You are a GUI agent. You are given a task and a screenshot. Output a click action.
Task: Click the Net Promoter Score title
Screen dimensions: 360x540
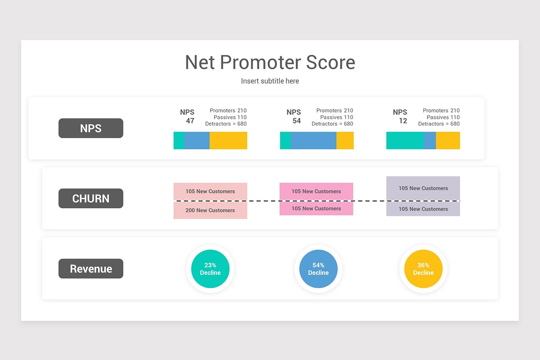[270, 63]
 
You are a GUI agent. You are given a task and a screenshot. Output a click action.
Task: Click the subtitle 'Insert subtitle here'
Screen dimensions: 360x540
[270, 81]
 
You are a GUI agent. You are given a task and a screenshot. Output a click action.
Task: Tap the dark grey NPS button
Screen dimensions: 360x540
[91, 128]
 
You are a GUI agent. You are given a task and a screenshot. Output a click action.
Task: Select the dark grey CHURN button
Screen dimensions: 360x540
[91, 198]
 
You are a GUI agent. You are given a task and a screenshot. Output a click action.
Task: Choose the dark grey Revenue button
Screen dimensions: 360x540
[91, 269]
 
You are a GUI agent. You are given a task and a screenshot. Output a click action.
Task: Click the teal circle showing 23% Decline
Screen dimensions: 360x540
[210, 269]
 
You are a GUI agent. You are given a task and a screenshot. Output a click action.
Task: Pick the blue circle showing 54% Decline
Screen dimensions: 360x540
[318, 269]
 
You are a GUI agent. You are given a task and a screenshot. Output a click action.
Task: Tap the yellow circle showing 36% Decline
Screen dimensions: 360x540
[423, 269]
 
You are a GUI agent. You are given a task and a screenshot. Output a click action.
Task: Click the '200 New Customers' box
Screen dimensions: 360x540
[210, 210]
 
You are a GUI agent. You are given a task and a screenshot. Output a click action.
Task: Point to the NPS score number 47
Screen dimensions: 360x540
[190, 121]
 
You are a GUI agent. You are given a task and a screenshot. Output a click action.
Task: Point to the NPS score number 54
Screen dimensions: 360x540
[296, 121]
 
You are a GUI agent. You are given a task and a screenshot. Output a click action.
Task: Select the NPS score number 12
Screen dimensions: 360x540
[403, 121]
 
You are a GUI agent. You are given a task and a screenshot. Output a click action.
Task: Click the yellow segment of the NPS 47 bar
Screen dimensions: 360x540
[228, 140]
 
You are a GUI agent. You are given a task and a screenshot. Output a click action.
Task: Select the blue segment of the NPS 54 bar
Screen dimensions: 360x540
[313, 140]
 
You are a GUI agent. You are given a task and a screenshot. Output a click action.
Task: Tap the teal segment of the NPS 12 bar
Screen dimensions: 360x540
[405, 140]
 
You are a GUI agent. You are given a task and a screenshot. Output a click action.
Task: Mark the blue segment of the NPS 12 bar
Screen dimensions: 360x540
[429, 140]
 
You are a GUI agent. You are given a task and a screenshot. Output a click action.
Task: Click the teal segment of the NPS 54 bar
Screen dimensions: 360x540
[285, 140]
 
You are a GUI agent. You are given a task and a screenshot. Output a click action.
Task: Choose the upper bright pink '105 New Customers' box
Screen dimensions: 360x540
[316, 191]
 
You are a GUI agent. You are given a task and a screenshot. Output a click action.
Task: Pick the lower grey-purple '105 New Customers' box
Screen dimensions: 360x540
[423, 209]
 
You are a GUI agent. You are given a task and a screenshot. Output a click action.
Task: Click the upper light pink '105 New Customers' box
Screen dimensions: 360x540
[210, 191]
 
